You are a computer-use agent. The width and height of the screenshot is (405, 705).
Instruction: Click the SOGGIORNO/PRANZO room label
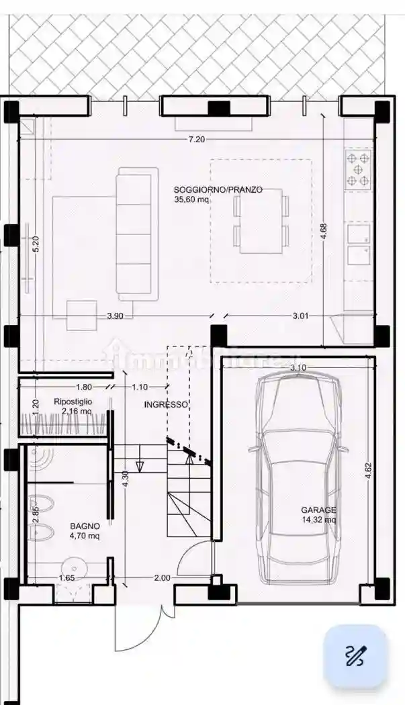(218, 190)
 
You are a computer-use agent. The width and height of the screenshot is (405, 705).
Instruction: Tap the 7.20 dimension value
(197, 140)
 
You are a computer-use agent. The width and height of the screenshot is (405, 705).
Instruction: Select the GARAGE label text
(318, 510)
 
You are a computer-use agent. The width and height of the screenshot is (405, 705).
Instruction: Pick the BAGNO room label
(85, 526)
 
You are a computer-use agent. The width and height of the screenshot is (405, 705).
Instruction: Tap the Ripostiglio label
(73, 402)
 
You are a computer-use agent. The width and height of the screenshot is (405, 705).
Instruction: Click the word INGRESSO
(166, 405)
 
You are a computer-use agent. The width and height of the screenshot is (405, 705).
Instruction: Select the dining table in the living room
(261, 221)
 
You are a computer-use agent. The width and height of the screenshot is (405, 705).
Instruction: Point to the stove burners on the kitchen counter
(359, 169)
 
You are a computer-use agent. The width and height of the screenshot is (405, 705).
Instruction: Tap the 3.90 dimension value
(116, 316)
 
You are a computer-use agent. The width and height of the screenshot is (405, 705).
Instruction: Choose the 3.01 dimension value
(301, 316)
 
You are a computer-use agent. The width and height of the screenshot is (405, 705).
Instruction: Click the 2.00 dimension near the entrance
(162, 577)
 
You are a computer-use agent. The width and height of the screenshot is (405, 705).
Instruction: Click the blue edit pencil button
(355, 656)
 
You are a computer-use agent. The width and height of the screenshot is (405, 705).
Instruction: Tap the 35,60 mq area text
(191, 199)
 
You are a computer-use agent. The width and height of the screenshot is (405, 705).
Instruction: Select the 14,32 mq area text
(318, 520)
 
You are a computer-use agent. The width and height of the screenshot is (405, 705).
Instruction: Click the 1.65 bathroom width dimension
(66, 577)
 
